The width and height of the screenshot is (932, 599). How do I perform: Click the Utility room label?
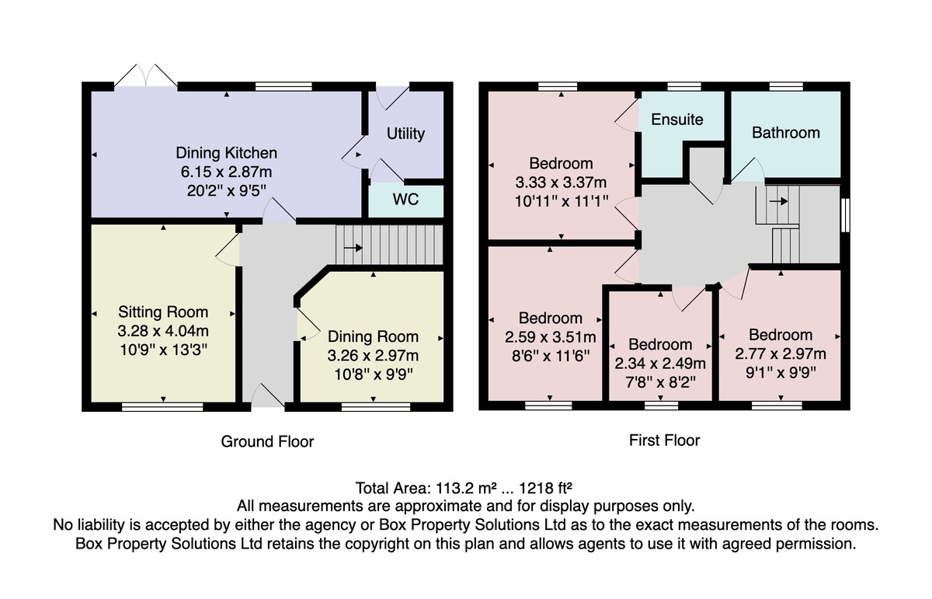click(x=405, y=134)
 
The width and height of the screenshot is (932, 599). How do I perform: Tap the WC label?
click(x=405, y=200)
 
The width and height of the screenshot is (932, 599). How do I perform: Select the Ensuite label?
click(x=677, y=120)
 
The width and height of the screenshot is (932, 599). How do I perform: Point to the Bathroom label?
click(x=785, y=133)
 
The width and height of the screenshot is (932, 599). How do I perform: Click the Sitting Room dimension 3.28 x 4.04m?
click(x=163, y=331)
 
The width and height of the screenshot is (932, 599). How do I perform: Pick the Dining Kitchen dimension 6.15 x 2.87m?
click(x=226, y=172)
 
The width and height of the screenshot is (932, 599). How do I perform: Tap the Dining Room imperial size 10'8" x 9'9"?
click(x=374, y=374)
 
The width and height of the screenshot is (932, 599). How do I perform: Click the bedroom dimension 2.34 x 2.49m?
click(x=660, y=364)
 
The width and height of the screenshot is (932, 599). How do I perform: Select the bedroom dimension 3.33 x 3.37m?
click(x=561, y=183)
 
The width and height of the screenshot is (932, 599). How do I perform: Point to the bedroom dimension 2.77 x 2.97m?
click(x=781, y=353)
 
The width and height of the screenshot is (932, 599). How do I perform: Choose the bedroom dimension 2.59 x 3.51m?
click(x=551, y=337)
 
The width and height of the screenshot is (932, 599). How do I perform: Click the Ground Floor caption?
click(x=267, y=441)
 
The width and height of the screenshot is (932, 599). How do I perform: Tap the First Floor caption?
click(x=665, y=441)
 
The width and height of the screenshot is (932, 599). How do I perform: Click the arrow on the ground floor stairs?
click(x=353, y=248)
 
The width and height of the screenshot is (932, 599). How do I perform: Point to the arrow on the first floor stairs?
click(x=778, y=201)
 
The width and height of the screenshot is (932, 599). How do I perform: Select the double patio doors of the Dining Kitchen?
click(x=146, y=76)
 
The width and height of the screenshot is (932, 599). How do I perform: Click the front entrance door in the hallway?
click(x=269, y=395)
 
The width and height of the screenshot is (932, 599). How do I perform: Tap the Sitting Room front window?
click(x=162, y=406)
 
